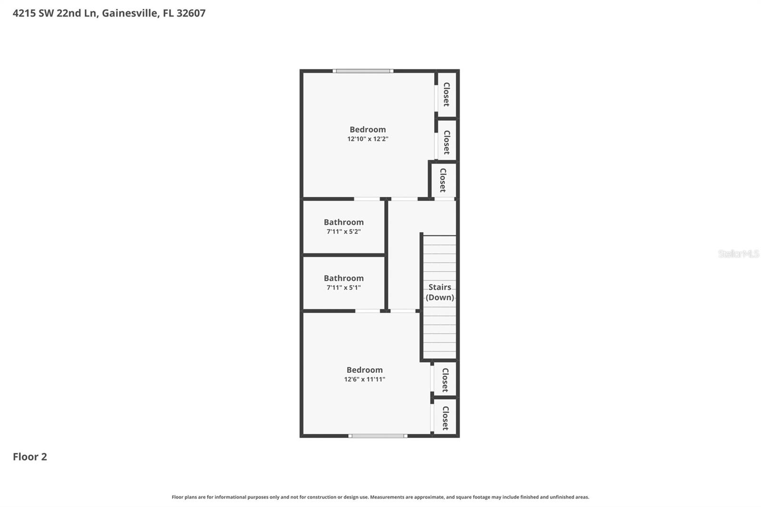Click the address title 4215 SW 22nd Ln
[109, 13]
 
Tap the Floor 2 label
[30, 457]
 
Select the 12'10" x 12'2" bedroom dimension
[368, 139]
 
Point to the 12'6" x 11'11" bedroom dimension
[365, 379]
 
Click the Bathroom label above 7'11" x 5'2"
[343, 222]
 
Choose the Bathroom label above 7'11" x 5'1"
[343, 278]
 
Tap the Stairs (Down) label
[439, 292]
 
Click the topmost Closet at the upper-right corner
[446, 94]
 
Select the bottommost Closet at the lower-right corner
[445, 418]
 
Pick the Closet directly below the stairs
[445, 380]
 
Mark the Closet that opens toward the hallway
[443, 180]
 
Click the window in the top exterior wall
[363, 71]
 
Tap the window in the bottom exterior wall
[378, 436]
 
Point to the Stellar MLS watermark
[738, 253]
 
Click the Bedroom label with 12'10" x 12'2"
[368, 129]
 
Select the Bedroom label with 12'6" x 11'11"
[364, 370]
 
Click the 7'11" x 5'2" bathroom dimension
[343, 232]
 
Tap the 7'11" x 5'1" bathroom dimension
[343, 288]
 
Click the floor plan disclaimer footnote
[380, 497]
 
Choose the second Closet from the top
[446, 142]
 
